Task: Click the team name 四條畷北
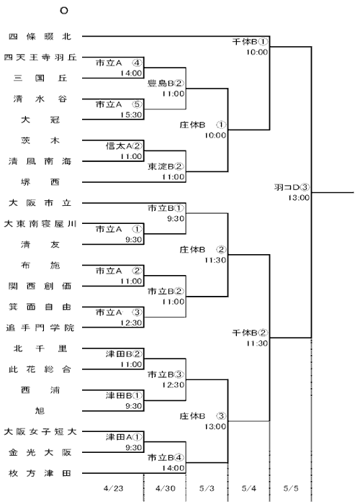pyautogui.click(x=40, y=37)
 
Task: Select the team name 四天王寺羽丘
pyautogui.click(x=40, y=58)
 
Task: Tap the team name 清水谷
pyautogui.click(x=40, y=99)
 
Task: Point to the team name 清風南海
pyautogui.click(x=40, y=161)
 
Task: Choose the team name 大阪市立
pyautogui.click(x=40, y=203)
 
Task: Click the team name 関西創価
pyautogui.click(x=40, y=286)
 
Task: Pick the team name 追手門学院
pyautogui.click(x=40, y=328)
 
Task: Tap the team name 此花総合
pyautogui.click(x=40, y=369)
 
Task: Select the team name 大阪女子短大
pyautogui.click(x=40, y=432)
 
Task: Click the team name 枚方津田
pyautogui.click(x=40, y=473)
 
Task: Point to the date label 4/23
pyautogui.click(x=114, y=489)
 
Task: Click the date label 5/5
pyautogui.click(x=291, y=489)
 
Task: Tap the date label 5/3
pyautogui.click(x=207, y=489)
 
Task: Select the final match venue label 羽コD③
pyautogui.click(x=292, y=187)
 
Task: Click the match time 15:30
pyautogui.click(x=131, y=114)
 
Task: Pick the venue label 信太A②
pyautogui.click(x=124, y=146)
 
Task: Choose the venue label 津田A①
pyautogui.click(x=124, y=437)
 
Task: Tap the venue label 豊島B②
pyautogui.click(x=166, y=84)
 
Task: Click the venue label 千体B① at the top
pyautogui.click(x=250, y=42)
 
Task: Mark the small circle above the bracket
pyautogui.click(x=64, y=11)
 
